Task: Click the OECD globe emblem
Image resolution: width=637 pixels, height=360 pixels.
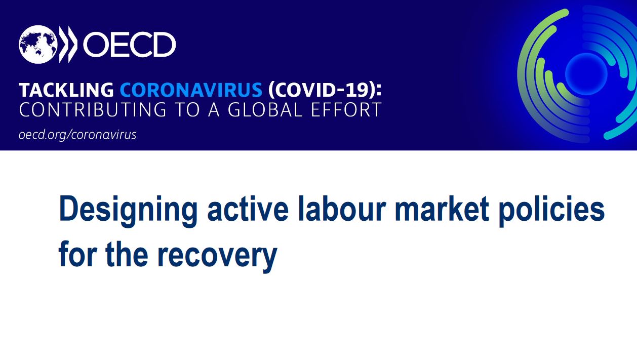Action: tap(38, 45)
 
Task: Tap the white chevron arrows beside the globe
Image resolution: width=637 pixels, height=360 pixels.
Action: tap(68, 45)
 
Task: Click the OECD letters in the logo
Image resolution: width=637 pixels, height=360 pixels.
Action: tap(130, 45)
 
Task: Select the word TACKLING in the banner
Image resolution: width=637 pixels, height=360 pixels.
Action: tap(66, 90)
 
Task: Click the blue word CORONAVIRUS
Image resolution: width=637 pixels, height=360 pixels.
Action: tap(191, 90)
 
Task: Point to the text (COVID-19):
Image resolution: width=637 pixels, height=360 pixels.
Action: tap(325, 90)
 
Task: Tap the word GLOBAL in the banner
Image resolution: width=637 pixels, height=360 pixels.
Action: tap(265, 110)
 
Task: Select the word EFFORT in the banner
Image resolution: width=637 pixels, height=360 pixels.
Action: tap(346, 110)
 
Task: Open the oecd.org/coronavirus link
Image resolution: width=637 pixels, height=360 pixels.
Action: tap(77, 135)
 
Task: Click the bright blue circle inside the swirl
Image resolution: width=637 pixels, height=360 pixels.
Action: tap(586, 74)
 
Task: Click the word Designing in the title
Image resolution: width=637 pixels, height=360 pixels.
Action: tap(128, 211)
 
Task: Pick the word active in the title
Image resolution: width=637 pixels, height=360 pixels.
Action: tap(248, 209)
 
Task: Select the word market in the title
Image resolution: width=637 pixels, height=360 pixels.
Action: tap(442, 209)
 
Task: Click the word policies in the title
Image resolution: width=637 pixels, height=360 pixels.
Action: tap(552, 211)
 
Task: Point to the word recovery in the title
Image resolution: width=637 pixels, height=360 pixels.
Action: tap(217, 257)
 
